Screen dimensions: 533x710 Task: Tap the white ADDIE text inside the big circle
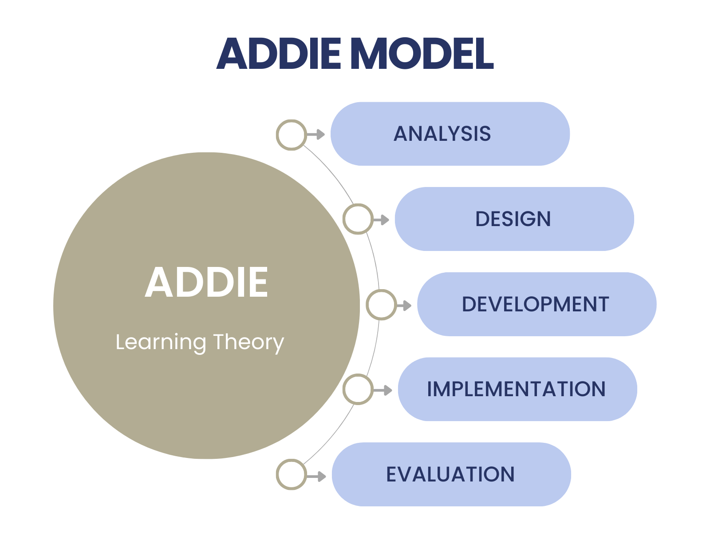[x=207, y=282]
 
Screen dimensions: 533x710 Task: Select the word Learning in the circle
[x=161, y=342]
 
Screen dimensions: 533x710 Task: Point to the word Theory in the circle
[x=248, y=342]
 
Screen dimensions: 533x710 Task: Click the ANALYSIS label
[x=442, y=134]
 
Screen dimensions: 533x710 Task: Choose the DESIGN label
[x=513, y=219]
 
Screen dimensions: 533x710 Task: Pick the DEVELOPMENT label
[x=535, y=304]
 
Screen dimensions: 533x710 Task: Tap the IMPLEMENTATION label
[x=516, y=389]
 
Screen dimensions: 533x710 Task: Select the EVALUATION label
[x=450, y=474]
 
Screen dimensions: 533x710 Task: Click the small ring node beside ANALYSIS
[x=291, y=135]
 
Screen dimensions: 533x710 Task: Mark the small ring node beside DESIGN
[x=358, y=219]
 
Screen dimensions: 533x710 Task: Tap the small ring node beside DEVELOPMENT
[x=381, y=305]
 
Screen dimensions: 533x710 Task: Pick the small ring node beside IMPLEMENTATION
[x=358, y=390]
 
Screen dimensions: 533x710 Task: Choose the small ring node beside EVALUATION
[x=291, y=475]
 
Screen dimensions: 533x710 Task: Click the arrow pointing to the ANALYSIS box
[x=317, y=134]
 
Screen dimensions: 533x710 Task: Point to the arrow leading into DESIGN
[x=382, y=219]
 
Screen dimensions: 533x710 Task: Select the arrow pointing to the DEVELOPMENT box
[x=405, y=305]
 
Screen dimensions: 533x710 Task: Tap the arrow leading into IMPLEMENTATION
[x=383, y=390]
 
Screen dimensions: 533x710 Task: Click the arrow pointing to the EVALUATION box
[x=317, y=476]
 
